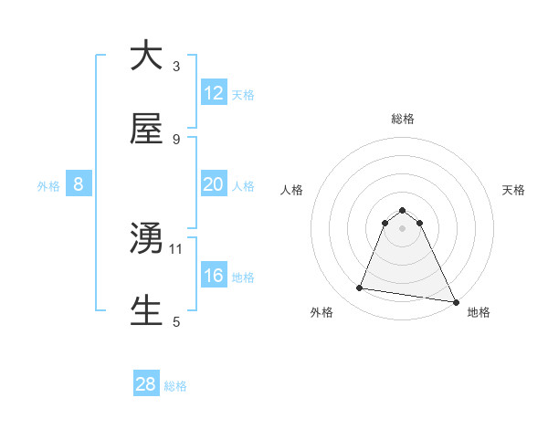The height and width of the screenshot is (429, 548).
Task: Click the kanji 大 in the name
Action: coord(146,57)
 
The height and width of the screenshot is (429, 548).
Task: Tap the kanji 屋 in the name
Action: coord(146,130)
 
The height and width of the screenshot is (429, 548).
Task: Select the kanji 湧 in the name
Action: coord(146,239)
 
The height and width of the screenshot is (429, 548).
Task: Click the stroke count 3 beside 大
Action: coord(176,67)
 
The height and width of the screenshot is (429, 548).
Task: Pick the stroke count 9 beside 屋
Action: coord(176,140)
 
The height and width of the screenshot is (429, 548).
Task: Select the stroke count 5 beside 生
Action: coord(176,321)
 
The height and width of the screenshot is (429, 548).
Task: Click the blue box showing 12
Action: coord(214,93)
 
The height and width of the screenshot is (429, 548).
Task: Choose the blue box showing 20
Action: coord(214,184)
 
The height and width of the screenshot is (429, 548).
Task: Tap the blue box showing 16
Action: coord(214,276)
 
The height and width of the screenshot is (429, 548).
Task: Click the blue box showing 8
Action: coord(79,184)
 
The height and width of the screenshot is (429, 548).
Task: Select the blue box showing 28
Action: coord(146,384)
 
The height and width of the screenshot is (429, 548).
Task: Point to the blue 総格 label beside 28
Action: coord(175,386)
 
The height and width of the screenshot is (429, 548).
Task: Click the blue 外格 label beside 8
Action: coord(48,185)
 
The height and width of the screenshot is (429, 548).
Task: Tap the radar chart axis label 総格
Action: coord(403,119)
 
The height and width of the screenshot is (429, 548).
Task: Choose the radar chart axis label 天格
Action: coord(513,190)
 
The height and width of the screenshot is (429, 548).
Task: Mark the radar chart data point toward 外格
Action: coord(360,288)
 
